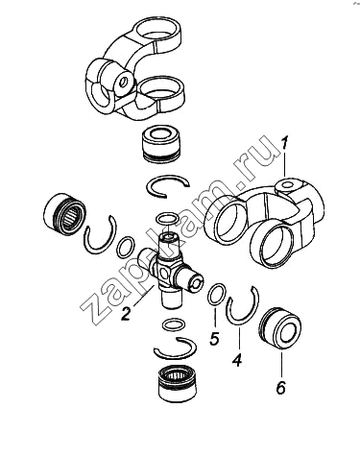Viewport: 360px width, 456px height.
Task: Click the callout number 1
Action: click(x=284, y=142)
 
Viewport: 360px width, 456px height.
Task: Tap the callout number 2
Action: click(x=126, y=314)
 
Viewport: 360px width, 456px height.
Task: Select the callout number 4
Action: click(x=236, y=360)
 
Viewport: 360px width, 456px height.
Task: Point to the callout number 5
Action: click(x=214, y=338)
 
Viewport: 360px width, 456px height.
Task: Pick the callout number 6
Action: click(x=280, y=387)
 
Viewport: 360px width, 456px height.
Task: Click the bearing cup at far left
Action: click(x=65, y=211)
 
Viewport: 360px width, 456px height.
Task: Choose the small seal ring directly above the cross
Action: click(x=166, y=219)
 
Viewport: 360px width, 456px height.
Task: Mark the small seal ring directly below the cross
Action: click(x=174, y=324)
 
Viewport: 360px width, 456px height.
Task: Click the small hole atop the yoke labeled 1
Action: click(x=287, y=185)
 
